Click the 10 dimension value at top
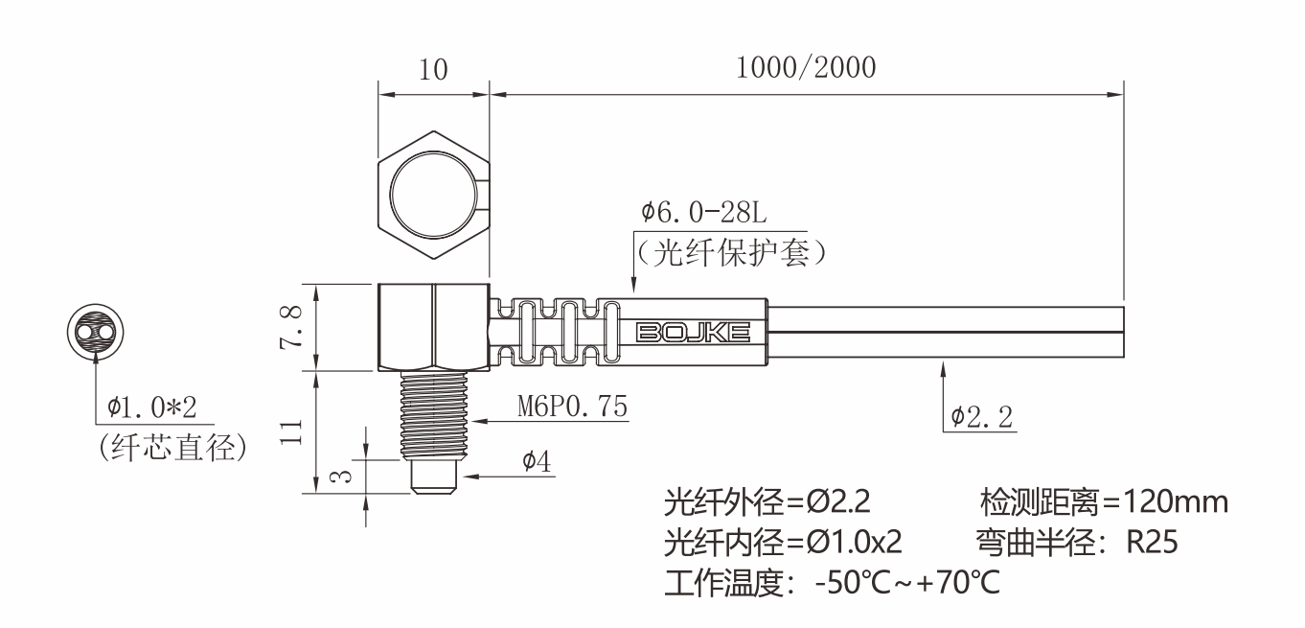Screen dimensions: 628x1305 tap(434, 69)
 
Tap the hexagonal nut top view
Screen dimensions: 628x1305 tap(433, 198)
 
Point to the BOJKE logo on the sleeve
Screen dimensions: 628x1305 tap(693, 333)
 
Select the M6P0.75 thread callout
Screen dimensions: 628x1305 tap(573, 406)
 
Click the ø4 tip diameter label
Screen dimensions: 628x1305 tap(536, 461)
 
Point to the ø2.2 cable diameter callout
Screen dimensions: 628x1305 tap(983, 416)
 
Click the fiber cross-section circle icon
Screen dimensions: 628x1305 tap(95, 332)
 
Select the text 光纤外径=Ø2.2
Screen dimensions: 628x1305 tap(767, 501)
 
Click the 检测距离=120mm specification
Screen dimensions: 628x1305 tap(1103, 501)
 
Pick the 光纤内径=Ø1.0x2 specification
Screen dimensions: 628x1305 tap(783, 543)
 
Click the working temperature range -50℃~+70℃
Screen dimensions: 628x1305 tap(906, 583)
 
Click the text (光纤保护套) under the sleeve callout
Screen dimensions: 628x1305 tap(731, 252)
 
